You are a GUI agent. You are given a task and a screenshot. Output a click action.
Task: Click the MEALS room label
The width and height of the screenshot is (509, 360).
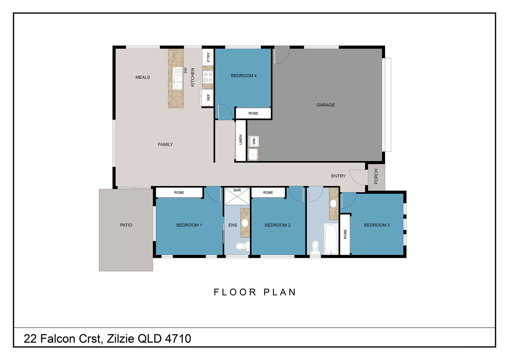click(143, 77)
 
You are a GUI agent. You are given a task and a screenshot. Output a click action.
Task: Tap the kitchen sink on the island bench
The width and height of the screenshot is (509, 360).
click(178, 78)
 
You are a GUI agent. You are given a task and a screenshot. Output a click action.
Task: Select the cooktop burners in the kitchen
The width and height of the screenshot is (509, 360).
click(208, 77)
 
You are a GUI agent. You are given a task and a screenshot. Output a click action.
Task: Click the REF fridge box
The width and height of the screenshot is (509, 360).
click(207, 97)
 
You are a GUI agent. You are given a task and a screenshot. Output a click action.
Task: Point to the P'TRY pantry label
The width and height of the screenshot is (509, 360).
click(208, 57)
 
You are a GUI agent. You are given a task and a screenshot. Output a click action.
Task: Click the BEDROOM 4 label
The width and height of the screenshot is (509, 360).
click(244, 76)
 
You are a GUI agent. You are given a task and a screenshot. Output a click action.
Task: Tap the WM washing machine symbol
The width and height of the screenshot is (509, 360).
click(254, 141)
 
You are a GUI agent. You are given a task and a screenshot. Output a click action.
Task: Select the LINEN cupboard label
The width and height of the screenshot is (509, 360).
click(240, 140)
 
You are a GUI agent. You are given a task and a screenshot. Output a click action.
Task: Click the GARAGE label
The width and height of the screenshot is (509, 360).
click(326, 105)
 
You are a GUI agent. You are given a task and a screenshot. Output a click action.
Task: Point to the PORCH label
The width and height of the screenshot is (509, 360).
click(376, 177)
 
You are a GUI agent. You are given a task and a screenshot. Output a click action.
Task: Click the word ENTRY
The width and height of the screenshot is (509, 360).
click(338, 176)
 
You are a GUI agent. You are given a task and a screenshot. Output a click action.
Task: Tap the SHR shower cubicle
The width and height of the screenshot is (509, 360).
click(237, 196)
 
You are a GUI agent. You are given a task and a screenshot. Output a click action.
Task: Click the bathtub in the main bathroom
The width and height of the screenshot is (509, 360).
click(331, 239)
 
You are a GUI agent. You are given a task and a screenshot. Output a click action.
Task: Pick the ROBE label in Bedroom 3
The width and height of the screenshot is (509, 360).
click(345, 234)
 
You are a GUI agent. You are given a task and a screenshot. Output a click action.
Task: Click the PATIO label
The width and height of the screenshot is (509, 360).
click(126, 225)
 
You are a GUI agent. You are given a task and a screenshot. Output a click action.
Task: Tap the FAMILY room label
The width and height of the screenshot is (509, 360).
click(166, 144)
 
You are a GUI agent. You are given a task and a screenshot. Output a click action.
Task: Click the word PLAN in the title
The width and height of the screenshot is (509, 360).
click(280, 292)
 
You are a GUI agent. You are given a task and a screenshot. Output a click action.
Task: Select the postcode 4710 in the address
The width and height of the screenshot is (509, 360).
click(178, 339)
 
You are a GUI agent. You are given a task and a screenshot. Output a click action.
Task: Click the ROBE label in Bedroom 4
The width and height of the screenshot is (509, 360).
click(253, 113)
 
